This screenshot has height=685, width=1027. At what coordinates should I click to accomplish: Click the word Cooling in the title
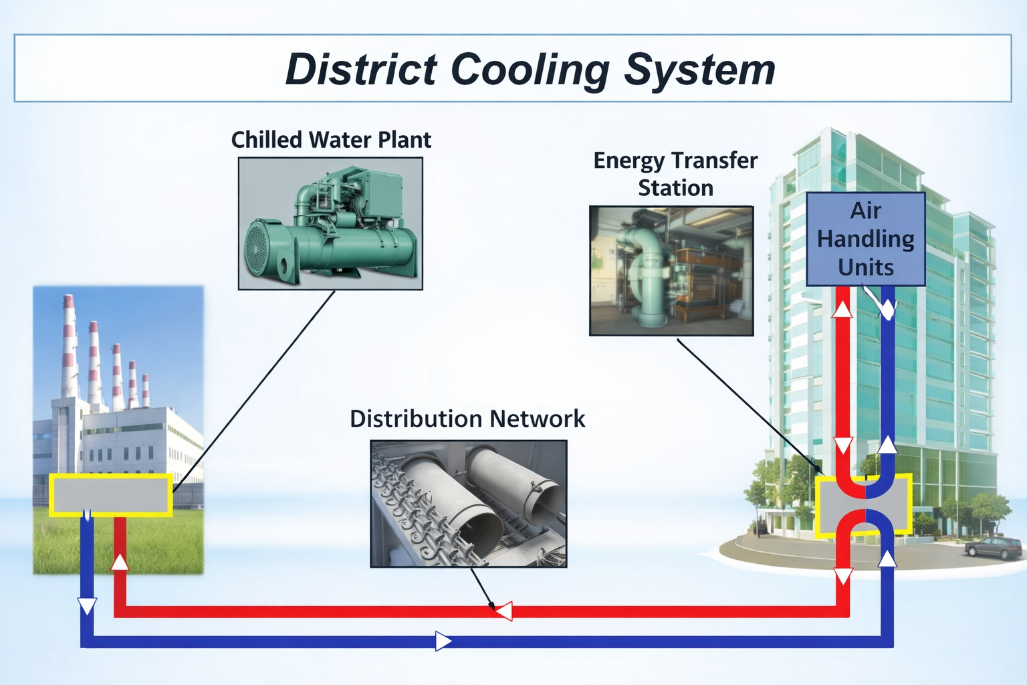pyautogui.click(x=530, y=70)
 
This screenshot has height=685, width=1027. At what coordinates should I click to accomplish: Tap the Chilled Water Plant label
pyautogui.click(x=331, y=140)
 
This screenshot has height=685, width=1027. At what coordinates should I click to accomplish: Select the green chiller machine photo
pyautogui.click(x=330, y=223)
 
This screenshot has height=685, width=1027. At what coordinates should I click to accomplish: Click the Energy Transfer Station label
pyautogui.click(x=675, y=174)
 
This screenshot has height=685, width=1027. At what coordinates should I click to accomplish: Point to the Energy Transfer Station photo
pyautogui.click(x=671, y=271)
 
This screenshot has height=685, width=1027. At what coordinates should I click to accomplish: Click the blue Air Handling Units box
pyautogui.click(x=865, y=239)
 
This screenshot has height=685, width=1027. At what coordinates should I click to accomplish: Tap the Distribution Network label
pyautogui.click(x=467, y=419)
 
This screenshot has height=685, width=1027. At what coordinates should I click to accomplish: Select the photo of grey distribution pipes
pyautogui.click(x=469, y=504)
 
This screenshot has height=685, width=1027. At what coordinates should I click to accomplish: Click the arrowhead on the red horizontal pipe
pyautogui.click(x=504, y=611)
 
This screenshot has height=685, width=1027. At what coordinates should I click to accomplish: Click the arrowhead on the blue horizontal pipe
pyautogui.click(x=443, y=641)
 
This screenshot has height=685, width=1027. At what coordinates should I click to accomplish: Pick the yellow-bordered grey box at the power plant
pyautogui.click(x=111, y=495)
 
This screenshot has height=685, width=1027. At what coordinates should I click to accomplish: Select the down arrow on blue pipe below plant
pyautogui.click(x=88, y=606)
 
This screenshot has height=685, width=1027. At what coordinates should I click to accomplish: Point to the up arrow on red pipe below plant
pyautogui.click(x=120, y=562)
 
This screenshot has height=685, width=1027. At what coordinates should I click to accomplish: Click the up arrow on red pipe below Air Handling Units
pyautogui.click(x=842, y=309)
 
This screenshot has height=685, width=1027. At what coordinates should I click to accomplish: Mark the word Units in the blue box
pyautogui.click(x=865, y=268)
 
